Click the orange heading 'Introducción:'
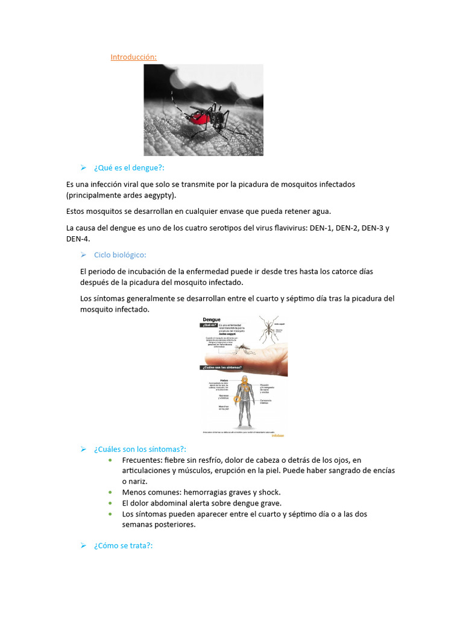(x=133, y=57)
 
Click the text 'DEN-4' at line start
(x=77, y=239)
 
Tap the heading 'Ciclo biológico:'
(x=120, y=255)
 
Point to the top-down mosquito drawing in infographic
(x=269, y=329)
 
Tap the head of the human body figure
(x=244, y=380)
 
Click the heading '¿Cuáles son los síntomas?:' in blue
(x=140, y=449)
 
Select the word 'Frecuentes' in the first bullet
(x=142, y=460)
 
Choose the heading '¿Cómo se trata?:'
(x=124, y=545)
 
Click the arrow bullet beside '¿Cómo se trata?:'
(x=84, y=545)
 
